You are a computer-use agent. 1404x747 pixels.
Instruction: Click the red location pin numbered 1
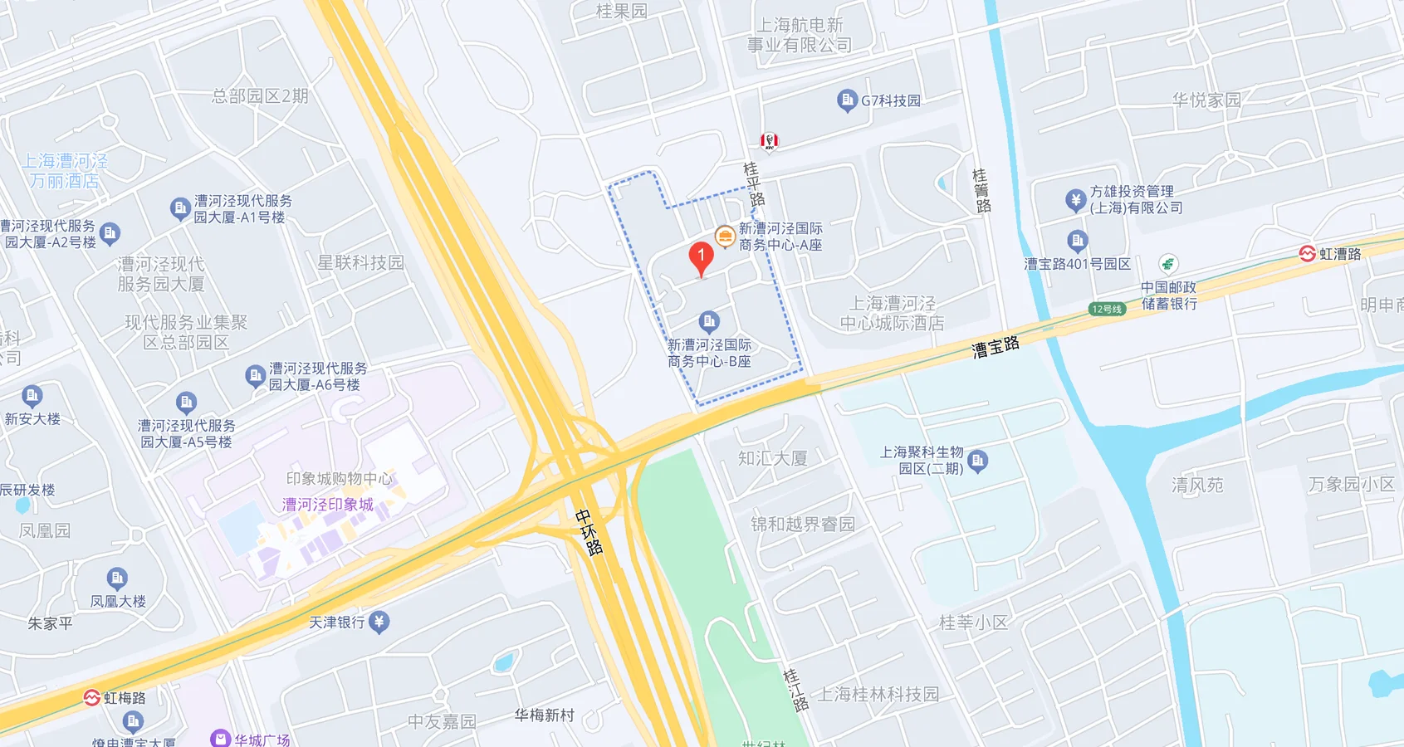point(701,257)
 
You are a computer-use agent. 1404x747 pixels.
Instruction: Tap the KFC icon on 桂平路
point(770,141)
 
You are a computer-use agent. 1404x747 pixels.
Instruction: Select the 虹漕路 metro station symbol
point(1307,254)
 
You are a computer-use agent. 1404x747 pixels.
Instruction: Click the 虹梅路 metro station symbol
point(91,698)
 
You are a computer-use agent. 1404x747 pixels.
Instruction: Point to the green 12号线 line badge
point(1107,309)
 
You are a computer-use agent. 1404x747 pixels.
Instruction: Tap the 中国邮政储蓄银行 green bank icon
point(1168,265)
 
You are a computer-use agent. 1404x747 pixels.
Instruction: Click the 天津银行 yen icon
point(379,622)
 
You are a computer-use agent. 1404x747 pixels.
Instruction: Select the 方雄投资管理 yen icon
point(1075,200)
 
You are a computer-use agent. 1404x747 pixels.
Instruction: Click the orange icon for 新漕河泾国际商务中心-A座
point(725,237)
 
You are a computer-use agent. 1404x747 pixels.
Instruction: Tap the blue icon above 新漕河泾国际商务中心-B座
point(708,321)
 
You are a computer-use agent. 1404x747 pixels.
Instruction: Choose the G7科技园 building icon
point(847,100)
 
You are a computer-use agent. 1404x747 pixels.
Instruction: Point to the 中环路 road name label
point(589,531)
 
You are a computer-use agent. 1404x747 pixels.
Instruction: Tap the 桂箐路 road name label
point(981,190)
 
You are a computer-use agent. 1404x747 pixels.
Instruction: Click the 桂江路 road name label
point(795,690)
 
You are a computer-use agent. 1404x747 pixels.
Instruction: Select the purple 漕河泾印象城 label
point(327,505)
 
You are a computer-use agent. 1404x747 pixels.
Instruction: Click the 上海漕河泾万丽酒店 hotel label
point(65,171)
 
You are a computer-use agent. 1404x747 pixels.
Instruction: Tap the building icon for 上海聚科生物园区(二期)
point(977,461)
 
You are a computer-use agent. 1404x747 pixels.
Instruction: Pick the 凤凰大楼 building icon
point(117,578)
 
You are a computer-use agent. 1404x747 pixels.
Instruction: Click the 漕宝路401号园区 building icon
point(1077,242)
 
